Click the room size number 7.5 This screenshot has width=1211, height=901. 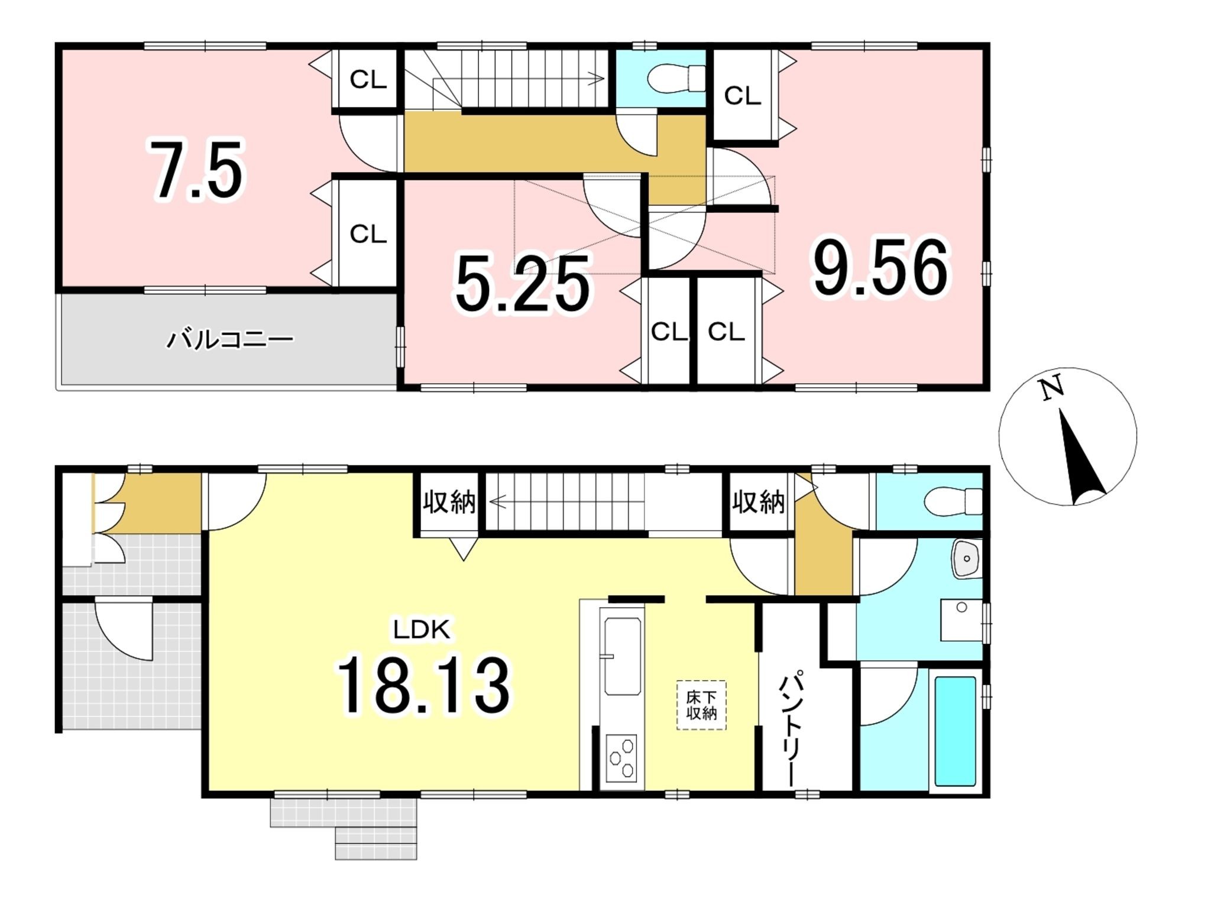point(197,170)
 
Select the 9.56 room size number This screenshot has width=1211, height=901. point(880,267)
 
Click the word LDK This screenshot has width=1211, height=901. point(422,630)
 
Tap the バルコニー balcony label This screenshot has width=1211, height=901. point(229,339)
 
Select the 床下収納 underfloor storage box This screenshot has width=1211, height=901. point(701,705)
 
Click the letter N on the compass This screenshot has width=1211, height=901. point(1052,388)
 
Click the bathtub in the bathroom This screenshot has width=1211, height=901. point(955,731)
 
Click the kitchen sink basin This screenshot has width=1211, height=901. point(623,656)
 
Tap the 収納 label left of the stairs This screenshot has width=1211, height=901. point(449,502)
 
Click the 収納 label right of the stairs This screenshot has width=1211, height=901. point(759,502)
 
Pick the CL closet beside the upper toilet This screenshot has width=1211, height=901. point(743,95)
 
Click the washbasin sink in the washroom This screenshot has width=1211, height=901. point(966,559)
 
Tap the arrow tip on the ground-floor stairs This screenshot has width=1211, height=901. point(490,503)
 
